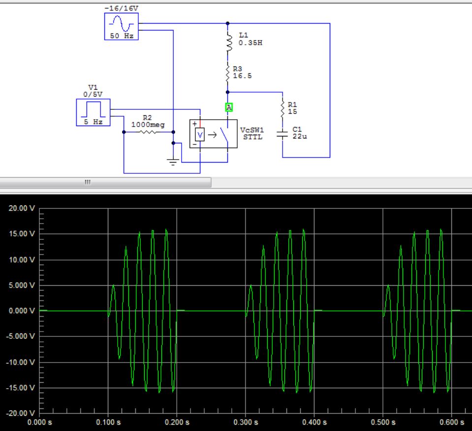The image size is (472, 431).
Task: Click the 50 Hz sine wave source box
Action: [121, 27]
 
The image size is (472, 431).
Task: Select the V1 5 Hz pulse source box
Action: [93, 112]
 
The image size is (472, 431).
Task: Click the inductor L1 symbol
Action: [227, 43]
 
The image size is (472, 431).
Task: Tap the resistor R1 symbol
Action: [283, 108]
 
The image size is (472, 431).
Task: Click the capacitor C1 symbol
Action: [283, 134]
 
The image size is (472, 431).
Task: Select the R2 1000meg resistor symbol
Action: [148, 132]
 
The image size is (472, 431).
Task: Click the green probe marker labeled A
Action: [228, 107]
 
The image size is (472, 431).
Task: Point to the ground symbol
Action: [173, 161]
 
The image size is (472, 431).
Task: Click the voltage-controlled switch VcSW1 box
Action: [213, 133]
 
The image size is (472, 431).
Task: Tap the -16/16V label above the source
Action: [121, 9]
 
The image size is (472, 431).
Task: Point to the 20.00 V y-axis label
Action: [21, 208]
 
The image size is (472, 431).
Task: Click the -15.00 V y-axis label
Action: [20, 387]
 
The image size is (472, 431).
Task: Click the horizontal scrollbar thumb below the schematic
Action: [105, 182]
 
